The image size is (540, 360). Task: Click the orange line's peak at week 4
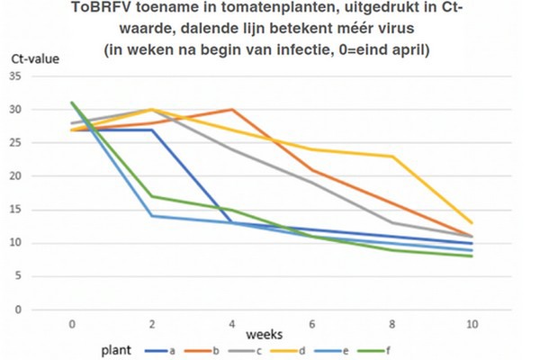(x=232, y=110)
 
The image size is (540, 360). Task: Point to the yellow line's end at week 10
(x=472, y=223)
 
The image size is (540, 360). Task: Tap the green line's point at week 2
(x=152, y=196)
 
